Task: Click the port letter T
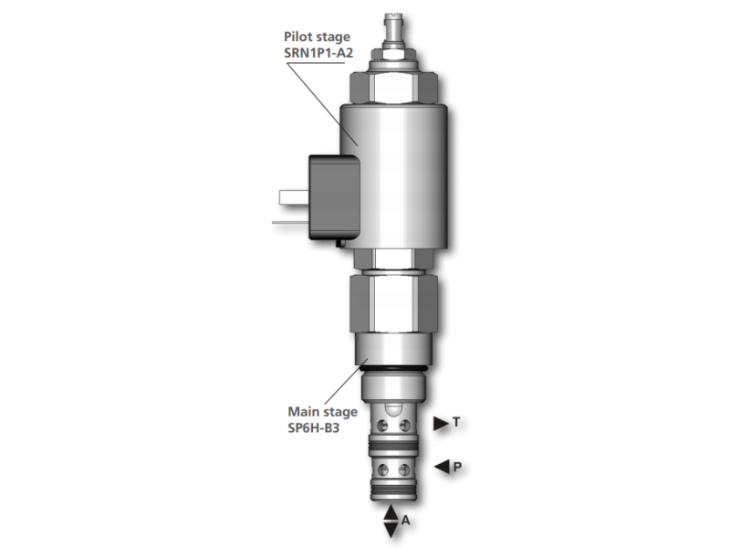(x=456, y=422)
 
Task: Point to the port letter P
(x=457, y=468)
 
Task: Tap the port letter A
(x=406, y=522)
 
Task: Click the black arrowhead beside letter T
(x=441, y=422)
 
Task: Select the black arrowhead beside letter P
(x=442, y=468)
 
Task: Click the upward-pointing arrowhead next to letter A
(x=391, y=511)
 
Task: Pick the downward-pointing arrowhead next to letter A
(x=391, y=531)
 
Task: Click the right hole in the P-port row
(x=405, y=471)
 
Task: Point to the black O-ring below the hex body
(x=393, y=367)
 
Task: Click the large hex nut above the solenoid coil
(x=393, y=87)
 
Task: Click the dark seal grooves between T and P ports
(x=393, y=448)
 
